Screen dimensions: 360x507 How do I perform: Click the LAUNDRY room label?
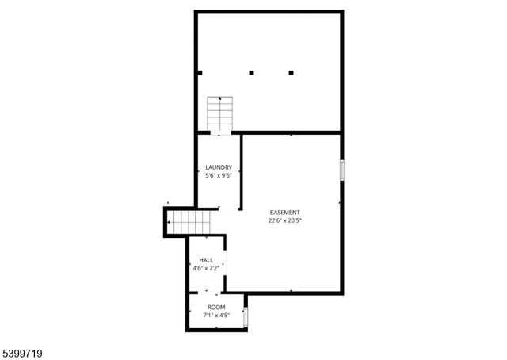(218, 167)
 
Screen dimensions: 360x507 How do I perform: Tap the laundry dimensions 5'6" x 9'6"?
(218, 175)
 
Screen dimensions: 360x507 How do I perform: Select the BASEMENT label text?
(285, 213)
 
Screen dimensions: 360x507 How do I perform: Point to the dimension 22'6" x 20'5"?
(285, 221)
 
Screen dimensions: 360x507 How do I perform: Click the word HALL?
(206, 260)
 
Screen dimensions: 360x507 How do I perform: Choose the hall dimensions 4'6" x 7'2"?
(206, 268)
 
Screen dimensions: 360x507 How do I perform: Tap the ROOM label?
(216, 307)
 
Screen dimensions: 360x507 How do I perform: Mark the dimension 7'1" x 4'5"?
(216, 315)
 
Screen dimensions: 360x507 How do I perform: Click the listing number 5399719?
(25, 349)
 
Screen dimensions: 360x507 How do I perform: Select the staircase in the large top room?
(219, 114)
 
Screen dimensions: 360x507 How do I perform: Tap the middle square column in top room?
(252, 73)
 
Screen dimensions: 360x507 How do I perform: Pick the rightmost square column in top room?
(292, 73)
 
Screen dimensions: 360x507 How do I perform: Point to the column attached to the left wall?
(200, 73)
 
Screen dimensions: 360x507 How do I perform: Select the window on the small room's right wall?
(246, 317)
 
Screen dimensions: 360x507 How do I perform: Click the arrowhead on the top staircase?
(219, 99)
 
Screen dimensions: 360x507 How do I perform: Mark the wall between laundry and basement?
(241, 170)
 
